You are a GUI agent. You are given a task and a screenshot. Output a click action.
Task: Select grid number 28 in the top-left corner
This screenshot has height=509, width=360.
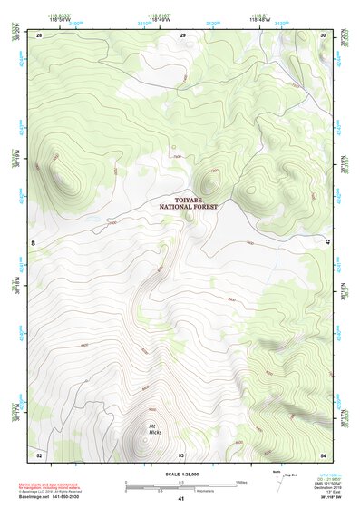(39, 34)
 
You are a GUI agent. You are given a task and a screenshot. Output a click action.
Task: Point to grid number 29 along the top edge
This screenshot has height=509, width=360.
(182, 34)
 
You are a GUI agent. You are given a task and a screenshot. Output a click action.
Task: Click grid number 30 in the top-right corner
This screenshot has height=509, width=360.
(324, 34)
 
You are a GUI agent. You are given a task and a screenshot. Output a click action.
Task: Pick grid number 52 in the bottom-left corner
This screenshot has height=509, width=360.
(39, 454)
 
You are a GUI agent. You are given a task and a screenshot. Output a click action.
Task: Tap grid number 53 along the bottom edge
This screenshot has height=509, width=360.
(181, 454)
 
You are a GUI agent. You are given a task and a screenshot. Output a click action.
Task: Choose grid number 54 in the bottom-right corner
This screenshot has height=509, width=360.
(324, 454)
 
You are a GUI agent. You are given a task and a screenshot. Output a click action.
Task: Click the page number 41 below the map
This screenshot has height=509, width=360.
(181, 498)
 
